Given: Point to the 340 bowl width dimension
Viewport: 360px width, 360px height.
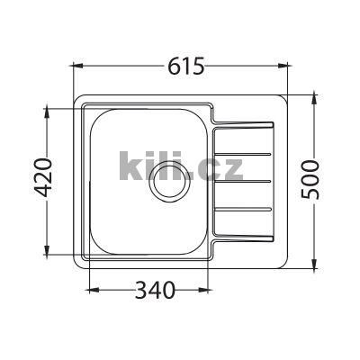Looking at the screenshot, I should pyautogui.click(x=152, y=290).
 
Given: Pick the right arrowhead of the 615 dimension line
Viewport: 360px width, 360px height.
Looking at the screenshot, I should pyautogui.click(x=288, y=66).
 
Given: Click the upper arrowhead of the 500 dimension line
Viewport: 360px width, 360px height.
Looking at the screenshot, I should pyautogui.click(x=314, y=94).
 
